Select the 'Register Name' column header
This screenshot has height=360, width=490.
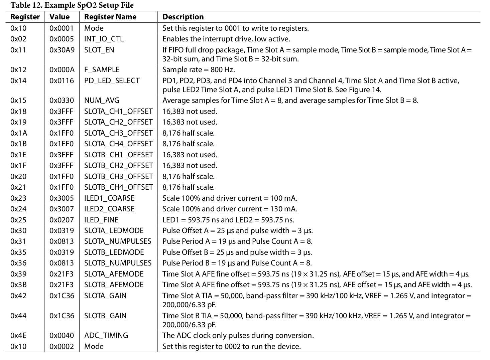point(110,17)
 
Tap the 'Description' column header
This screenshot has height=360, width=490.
point(183,17)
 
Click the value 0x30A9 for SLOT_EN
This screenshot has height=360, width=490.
point(62,50)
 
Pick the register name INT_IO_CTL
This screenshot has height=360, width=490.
point(104,39)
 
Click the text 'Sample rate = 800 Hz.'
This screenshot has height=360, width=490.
point(199,70)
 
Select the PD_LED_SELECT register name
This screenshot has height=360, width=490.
point(112,81)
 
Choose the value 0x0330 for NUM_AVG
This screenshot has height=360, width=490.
point(62,101)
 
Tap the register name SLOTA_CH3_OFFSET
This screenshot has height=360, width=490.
point(118,133)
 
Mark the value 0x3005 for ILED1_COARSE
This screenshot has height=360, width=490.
point(62,198)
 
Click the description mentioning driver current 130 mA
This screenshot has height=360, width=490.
point(230,209)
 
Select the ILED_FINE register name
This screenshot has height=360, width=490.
point(101,220)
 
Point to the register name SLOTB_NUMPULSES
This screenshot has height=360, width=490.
point(118,263)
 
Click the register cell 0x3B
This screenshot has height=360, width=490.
point(18,285)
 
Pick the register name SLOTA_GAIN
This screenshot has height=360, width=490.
point(105,296)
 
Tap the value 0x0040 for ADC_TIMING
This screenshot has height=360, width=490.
point(62,336)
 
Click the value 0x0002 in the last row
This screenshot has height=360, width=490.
point(62,347)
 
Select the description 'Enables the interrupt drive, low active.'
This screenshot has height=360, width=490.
point(226,39)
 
